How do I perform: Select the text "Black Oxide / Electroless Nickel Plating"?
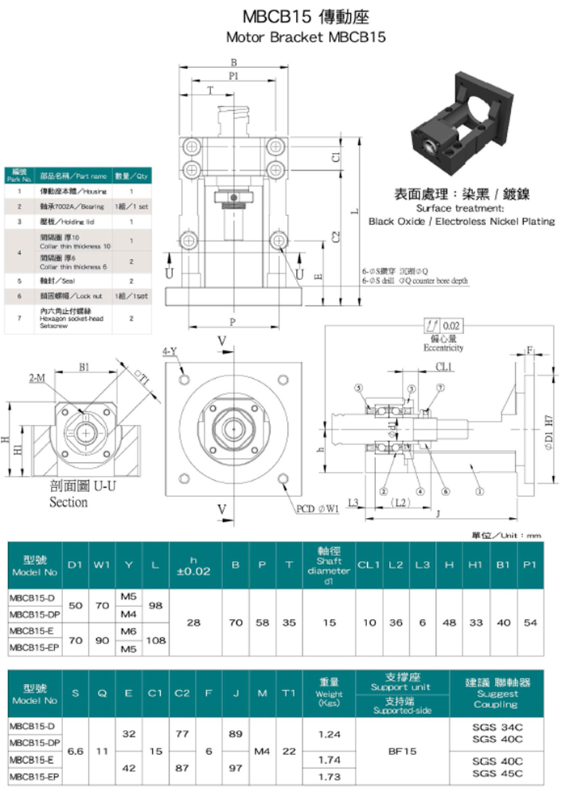coord(462,221)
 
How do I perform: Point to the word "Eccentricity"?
coord(443,348)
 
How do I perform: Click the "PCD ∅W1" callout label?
coord(318,510)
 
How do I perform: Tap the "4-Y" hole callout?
coord(170,352)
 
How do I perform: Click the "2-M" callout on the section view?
coord(36,378)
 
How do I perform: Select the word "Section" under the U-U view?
coord(69,502)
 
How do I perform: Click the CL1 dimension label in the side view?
coord(444,367)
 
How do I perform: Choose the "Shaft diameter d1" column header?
coord(329,565)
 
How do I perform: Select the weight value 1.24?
coord(329,733)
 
